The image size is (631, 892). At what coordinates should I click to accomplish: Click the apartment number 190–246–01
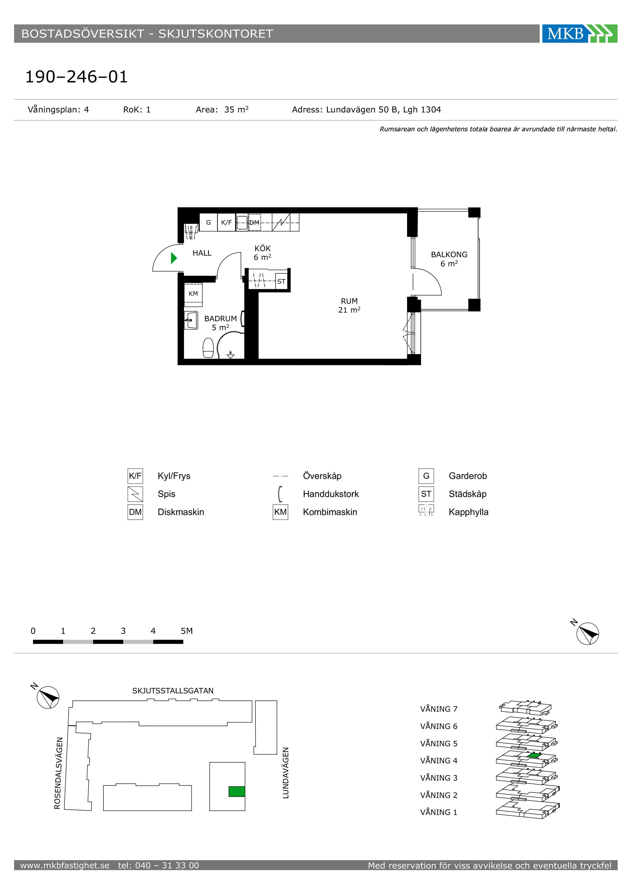pyautogui.click(x=77, y=77)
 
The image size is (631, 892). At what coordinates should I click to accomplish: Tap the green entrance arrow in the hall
pyautogui.click(x=174, y=258)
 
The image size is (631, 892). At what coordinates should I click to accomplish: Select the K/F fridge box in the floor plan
pyautogui.click(x=226, y=222)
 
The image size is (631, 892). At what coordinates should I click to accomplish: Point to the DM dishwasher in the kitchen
pyautogui.click(x=254, y=222)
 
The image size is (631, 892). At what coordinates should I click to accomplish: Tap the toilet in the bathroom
pyautogui.click(x=208, y=348)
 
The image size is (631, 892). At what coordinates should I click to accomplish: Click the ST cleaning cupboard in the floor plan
pyautogui.click(x=281, y=281)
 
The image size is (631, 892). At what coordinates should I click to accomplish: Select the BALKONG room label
pyautogui.click(x=449, y=254)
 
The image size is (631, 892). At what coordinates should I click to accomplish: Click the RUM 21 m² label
pyautogui.click(x=349, y=305)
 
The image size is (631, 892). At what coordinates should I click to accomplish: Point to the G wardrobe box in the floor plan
pyautogui.click(x=209, y=222)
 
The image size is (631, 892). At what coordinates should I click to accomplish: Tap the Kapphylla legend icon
pyautogui.click(x=426, y=510)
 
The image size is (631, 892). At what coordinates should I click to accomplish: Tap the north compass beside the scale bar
pyautogui.click(x=587, y=633)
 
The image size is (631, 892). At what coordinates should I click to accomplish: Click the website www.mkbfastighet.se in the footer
pyautogui.click(x=65, y=865)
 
